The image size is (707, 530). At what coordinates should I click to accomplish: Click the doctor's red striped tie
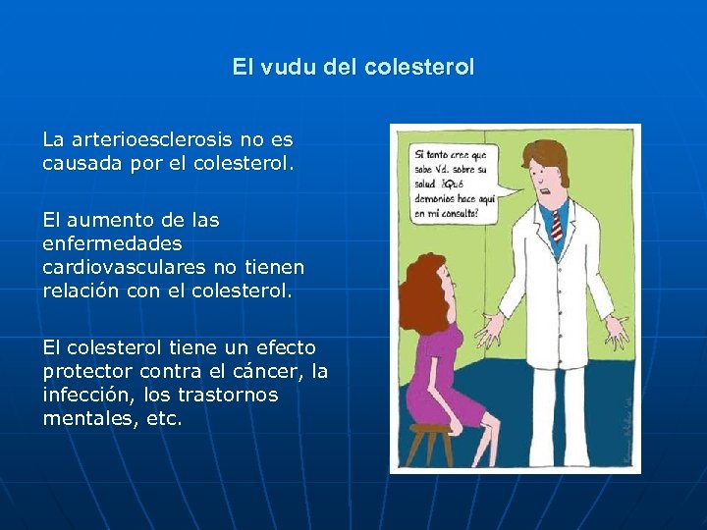point(556,224)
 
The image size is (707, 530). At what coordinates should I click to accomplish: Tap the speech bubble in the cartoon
point(454,183)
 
